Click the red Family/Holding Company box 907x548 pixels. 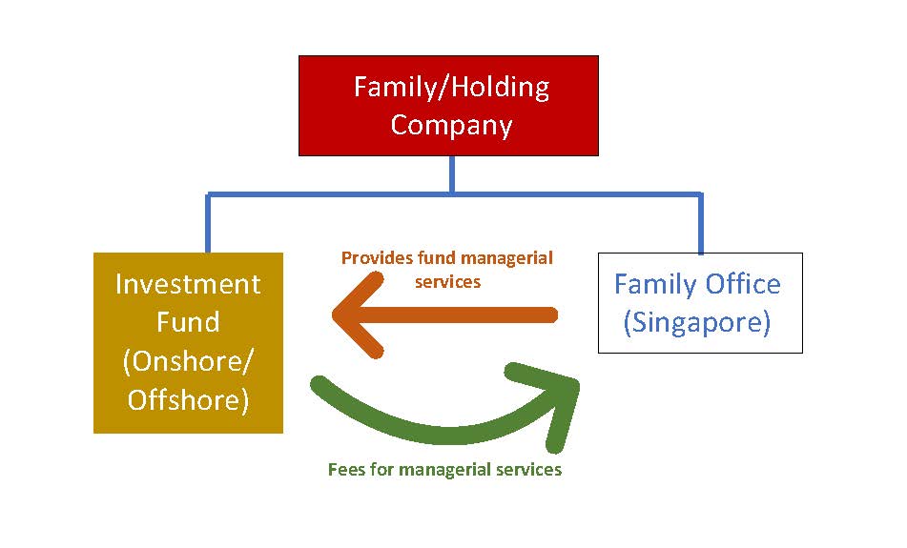point(448,106)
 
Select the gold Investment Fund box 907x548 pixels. point(188,343)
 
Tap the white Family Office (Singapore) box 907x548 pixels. point(700,303)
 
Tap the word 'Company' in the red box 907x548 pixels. point(451,126)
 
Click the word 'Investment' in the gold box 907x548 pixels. point(188,284)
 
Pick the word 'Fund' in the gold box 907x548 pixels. point(188,322)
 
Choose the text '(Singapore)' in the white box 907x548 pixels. point(697,322)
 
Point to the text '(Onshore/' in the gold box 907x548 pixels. point(188,362)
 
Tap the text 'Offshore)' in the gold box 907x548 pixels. point(188,400)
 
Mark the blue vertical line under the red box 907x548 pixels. point(452,174)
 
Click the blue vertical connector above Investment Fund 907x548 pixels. point(208,223)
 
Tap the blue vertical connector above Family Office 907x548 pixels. point(700,223)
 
